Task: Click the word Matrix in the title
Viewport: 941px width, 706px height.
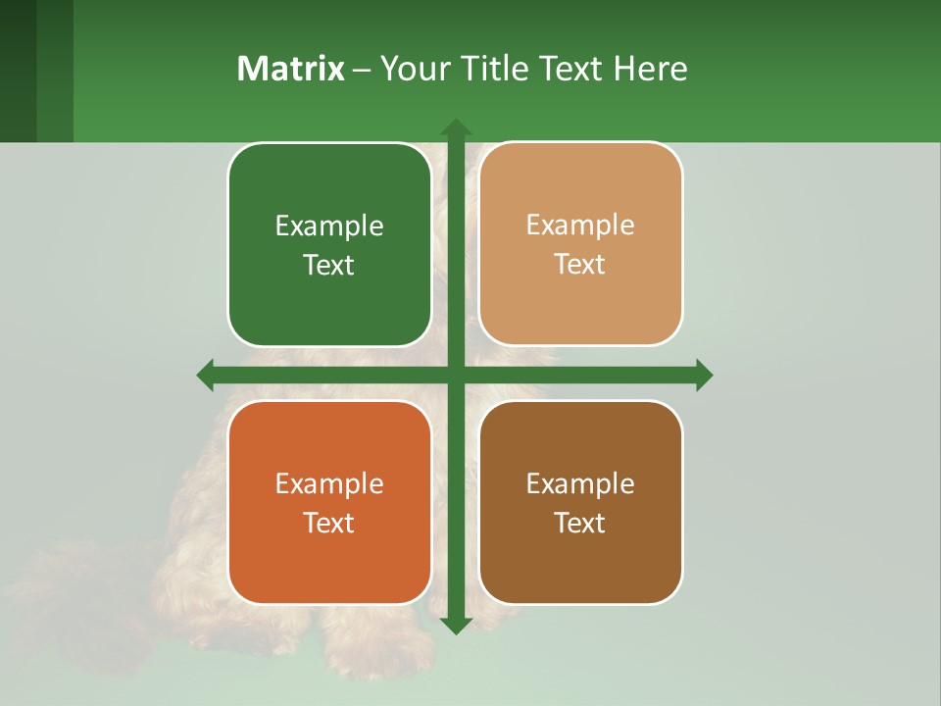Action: (x=291, y=69)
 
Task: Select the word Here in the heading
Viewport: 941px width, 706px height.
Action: (x=651, y=69)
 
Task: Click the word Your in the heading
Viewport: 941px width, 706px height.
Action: (x=411, y=69)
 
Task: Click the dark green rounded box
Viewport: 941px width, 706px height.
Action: (x=329, y=245)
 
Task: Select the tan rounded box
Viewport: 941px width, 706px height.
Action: (x=580, y=244)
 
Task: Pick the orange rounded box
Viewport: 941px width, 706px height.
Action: (x=329, y=503)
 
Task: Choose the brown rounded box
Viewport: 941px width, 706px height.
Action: (x=580, y=503)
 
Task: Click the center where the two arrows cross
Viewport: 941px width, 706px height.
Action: (x=455, y=375)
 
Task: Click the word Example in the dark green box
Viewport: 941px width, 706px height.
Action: (x=329, y=227)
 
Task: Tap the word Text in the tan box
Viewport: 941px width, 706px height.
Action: (x=580, y=265)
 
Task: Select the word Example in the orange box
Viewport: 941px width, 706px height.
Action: (x=329, y=484)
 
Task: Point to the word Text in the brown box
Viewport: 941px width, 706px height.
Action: (x=580, y=524)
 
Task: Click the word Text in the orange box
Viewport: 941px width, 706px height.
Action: (x=329, y=524)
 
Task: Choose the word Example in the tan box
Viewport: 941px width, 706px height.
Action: (x=580, y=226)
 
